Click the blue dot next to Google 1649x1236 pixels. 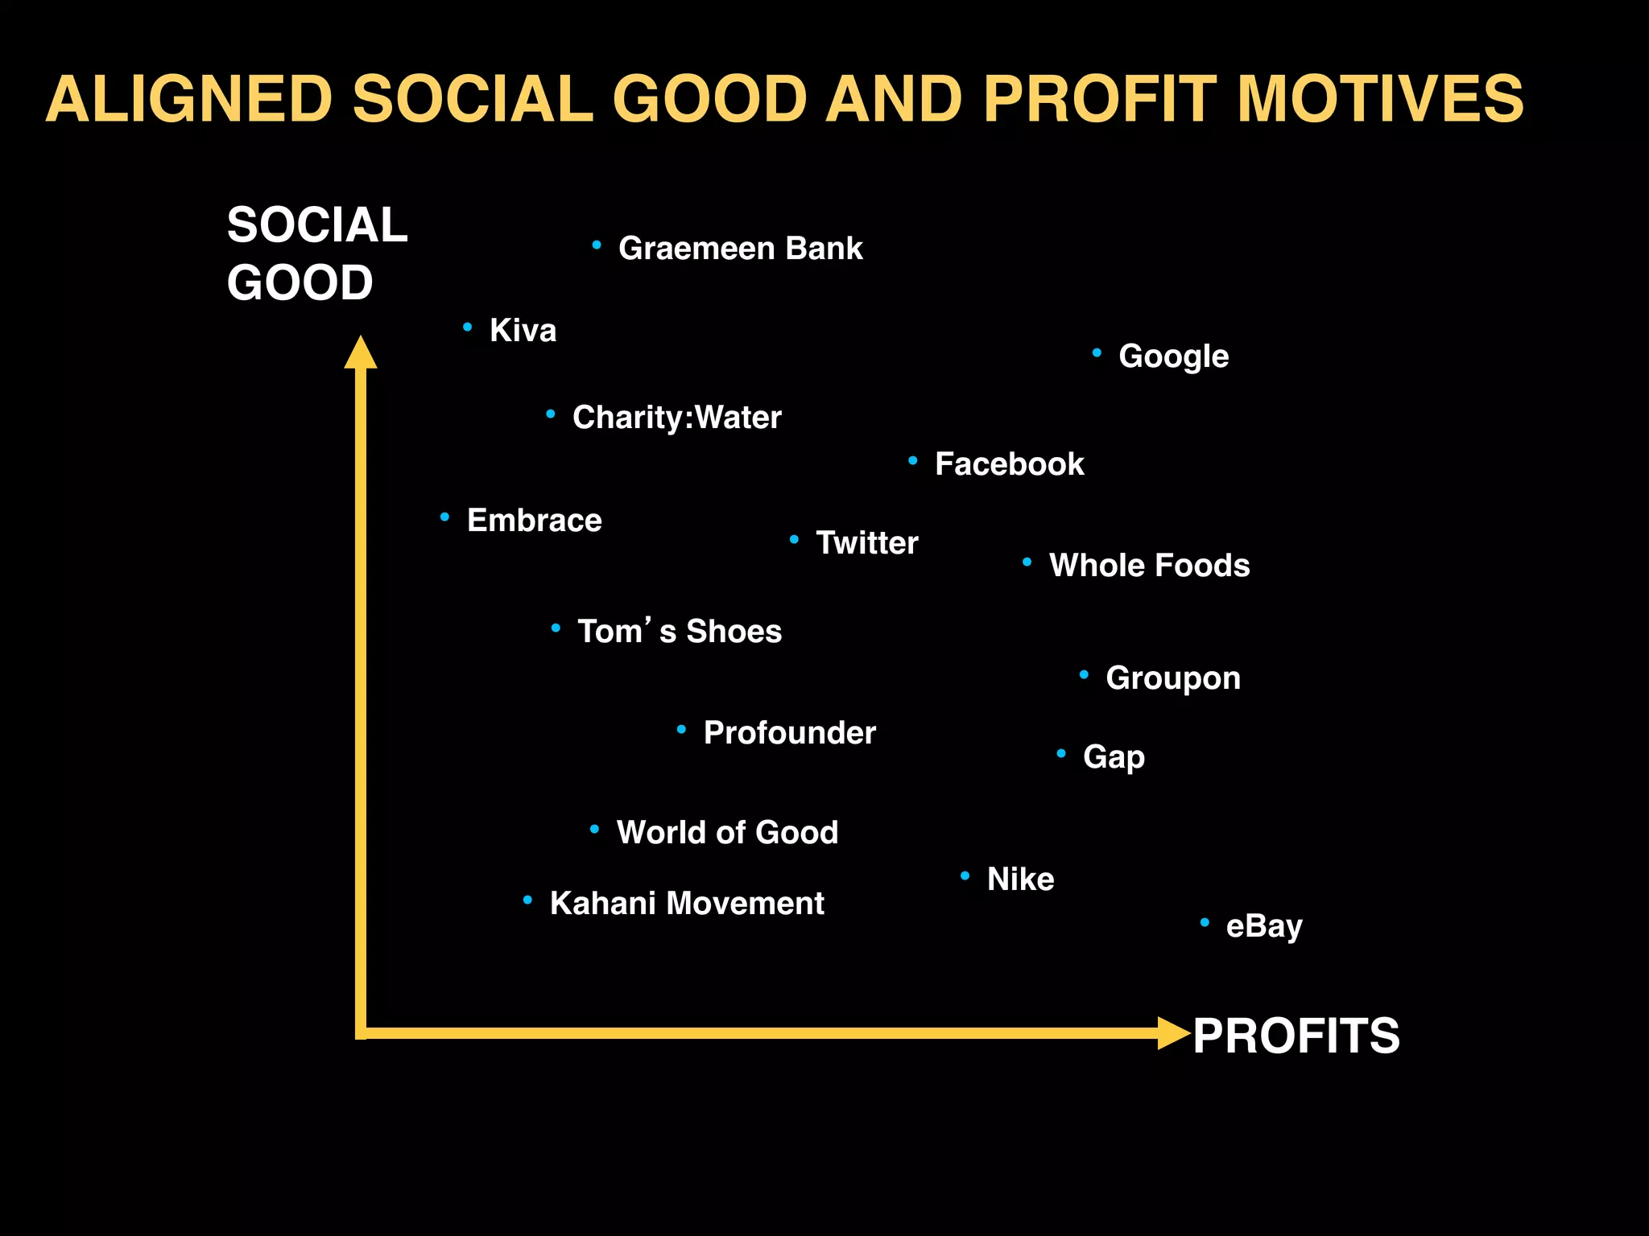point(1097,352)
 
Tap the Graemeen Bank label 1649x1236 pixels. point(740,248)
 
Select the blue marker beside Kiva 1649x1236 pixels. point(468,327)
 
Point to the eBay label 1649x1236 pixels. point(1263,926)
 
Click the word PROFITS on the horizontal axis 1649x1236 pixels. point(1296,1036)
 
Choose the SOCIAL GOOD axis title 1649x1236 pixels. point(316,253)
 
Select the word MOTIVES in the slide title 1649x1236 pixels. point(1379,99)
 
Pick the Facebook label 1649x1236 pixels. point(1009,464)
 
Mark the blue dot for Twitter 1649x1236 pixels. point(794,539)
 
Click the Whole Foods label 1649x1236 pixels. point(1149,566)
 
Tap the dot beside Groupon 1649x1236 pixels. point(1084,674)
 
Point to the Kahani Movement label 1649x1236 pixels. point(686,904)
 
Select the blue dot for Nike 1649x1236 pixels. point(965,875)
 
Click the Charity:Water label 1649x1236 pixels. point(676,418)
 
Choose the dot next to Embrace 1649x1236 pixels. point(444,517)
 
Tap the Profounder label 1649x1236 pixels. point(789,733)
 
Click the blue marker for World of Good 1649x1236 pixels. point(594,829)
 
